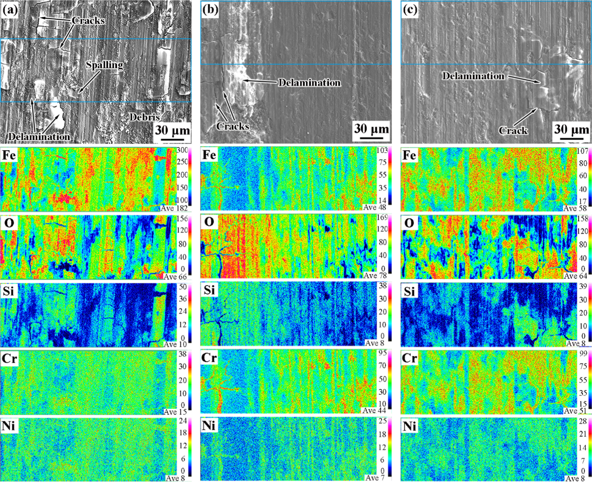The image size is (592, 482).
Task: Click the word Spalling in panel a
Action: click(x=105, y=65)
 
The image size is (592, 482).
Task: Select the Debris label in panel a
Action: click(x=145, y=117)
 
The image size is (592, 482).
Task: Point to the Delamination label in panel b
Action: click(x=309, y=83)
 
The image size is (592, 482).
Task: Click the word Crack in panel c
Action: click(x=513, y=131)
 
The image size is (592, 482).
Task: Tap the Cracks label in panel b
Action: click(x=233, y=126)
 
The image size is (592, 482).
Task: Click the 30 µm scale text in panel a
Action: click(x=172, y=131)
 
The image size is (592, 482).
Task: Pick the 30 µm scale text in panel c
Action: click(x=572, y=129)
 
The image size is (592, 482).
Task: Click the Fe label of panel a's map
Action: click(x=9, y=155)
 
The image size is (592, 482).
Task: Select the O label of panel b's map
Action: click(x=209, y=222)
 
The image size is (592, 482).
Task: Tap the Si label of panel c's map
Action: click(x=409, y=291)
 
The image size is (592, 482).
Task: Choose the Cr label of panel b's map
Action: click(x=209, y=358)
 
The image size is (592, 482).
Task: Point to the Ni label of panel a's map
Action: click(x=9, y=426)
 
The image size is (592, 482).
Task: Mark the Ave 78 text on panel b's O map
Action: click(x=375, y=275)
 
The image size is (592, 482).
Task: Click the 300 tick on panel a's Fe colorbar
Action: click(x=182, y=150)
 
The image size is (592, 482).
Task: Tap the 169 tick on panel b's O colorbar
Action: click(x=382, y=218)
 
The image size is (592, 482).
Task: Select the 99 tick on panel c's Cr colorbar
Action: click(x=583, y=353)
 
